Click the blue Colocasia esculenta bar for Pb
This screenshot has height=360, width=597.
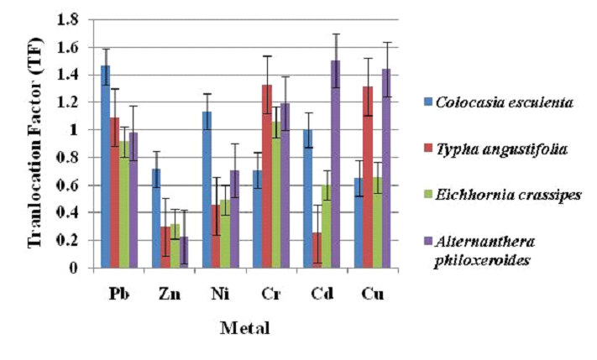pos(106,168)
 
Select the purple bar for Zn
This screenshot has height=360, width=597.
pos(183,253)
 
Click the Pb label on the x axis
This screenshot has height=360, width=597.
pos(118,295)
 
